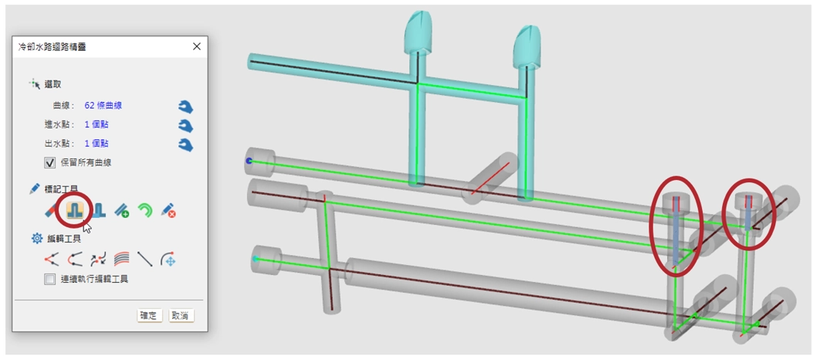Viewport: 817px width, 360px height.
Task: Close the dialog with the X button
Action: coord(196,46)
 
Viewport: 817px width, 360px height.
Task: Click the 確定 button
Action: coord(150,316)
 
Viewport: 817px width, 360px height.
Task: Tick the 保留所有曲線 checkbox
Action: coord(50,162)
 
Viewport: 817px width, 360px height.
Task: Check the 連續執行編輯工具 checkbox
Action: coord(50,279)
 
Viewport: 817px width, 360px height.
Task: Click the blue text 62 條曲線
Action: coord(103,106)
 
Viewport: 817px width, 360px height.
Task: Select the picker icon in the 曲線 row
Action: coord(185,107)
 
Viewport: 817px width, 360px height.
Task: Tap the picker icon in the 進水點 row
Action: coord(185,126)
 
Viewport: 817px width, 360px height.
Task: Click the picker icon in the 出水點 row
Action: coord(185,144)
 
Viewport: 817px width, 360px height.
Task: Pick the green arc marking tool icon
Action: coord(145,210)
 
